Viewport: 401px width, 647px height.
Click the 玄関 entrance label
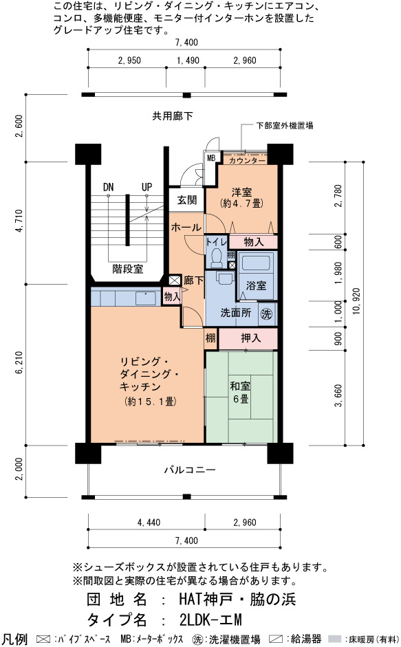tap(186, 200)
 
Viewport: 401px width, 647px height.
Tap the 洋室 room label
tap(241, 192)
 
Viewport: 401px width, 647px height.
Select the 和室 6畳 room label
tap(240, 393)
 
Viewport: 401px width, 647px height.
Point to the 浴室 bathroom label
tap(256, 285)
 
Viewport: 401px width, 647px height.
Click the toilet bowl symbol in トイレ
tap(216, 258)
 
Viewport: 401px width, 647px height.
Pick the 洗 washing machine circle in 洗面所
tap(266, 314)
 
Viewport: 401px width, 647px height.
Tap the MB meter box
tap(211, 158)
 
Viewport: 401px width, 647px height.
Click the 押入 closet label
tap(250, 338)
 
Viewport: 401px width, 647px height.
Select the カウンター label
tap(247, 160)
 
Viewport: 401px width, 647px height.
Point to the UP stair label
tap(147, 187)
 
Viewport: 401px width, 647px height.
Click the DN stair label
tap(108, 187)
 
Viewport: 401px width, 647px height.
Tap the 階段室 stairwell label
tap(128, 269)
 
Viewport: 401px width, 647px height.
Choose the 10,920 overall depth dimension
tap(356, 301)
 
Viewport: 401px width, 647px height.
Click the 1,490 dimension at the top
tap(188, 61)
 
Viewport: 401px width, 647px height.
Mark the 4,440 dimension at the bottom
tap(149, 523)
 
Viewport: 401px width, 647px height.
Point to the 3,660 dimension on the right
tap(338, 396)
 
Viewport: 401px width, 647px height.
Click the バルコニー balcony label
tap(190, 470)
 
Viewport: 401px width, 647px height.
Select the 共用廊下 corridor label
tap(173, 116)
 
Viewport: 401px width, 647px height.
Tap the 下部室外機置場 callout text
tap(285, 125)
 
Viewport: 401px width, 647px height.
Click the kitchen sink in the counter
tap(146, 298)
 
